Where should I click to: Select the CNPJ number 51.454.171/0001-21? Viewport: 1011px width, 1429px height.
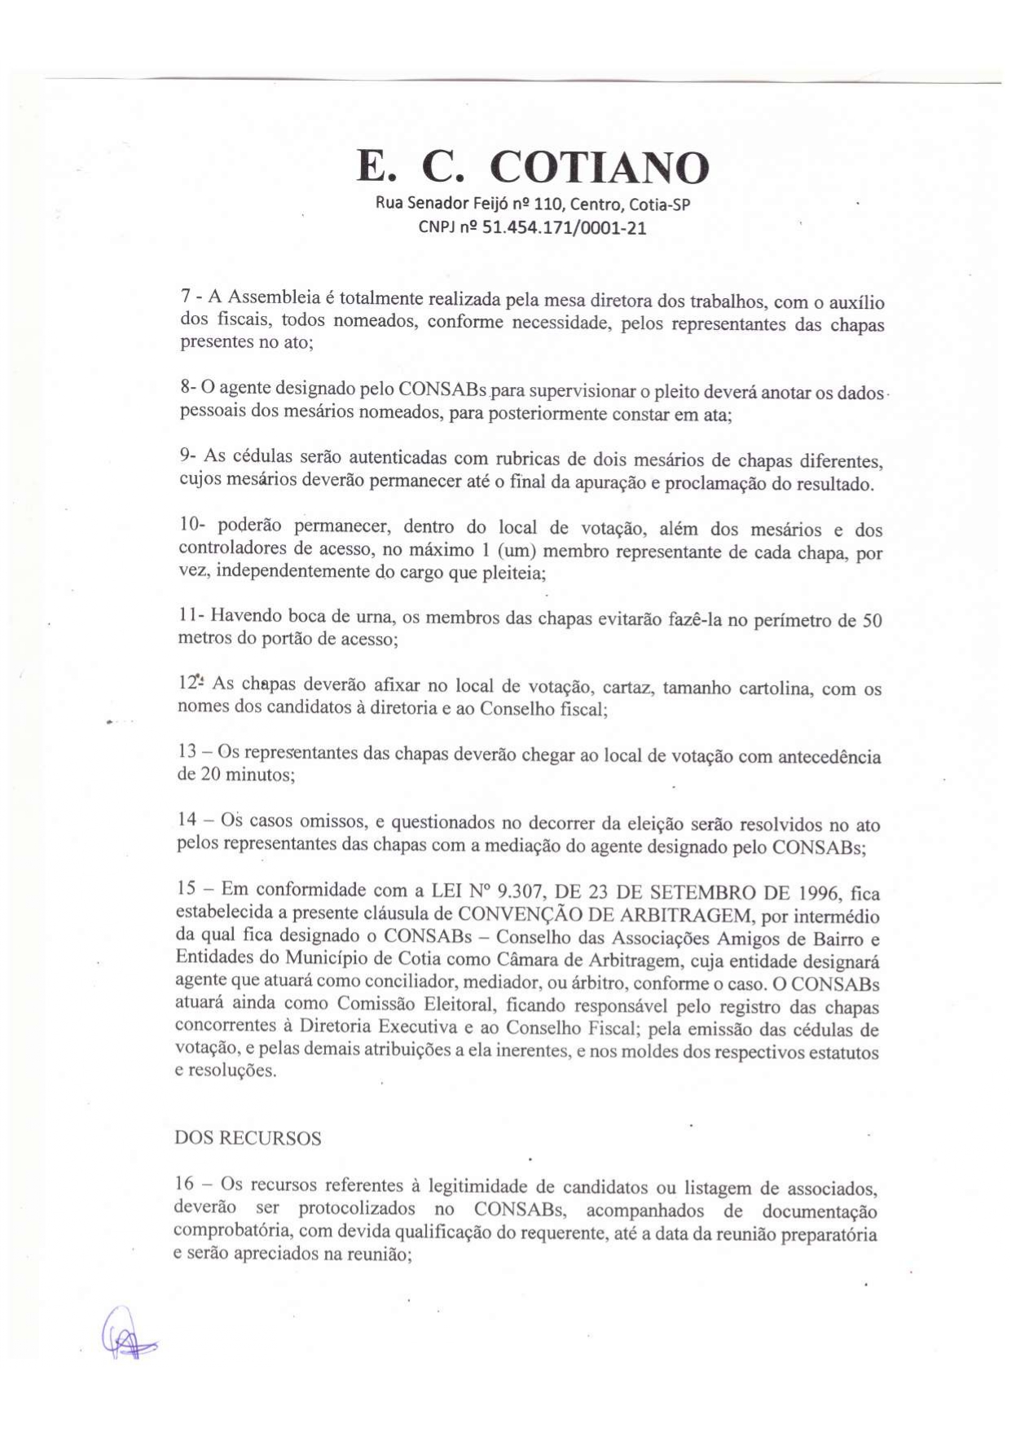coord(565,228)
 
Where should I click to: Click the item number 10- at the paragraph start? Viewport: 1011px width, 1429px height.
coord(192,527)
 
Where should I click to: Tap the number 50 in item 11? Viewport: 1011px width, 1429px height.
coord(872,620)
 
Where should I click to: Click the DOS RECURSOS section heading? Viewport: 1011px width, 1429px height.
coord(248,1138)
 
